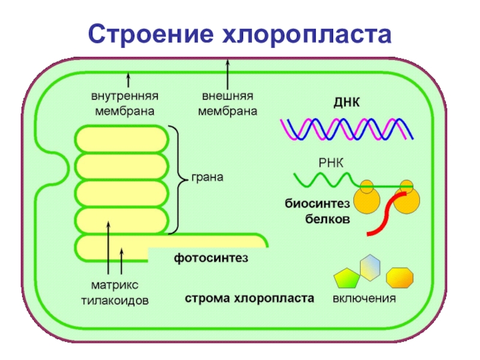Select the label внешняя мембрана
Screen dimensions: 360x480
227,104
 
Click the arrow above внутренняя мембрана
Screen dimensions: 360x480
128,80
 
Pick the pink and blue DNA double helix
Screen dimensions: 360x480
346,128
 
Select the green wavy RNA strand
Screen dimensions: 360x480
324,179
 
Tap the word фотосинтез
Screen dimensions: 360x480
211,258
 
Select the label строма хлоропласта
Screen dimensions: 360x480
249,298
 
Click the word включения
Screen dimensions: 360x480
364,298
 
